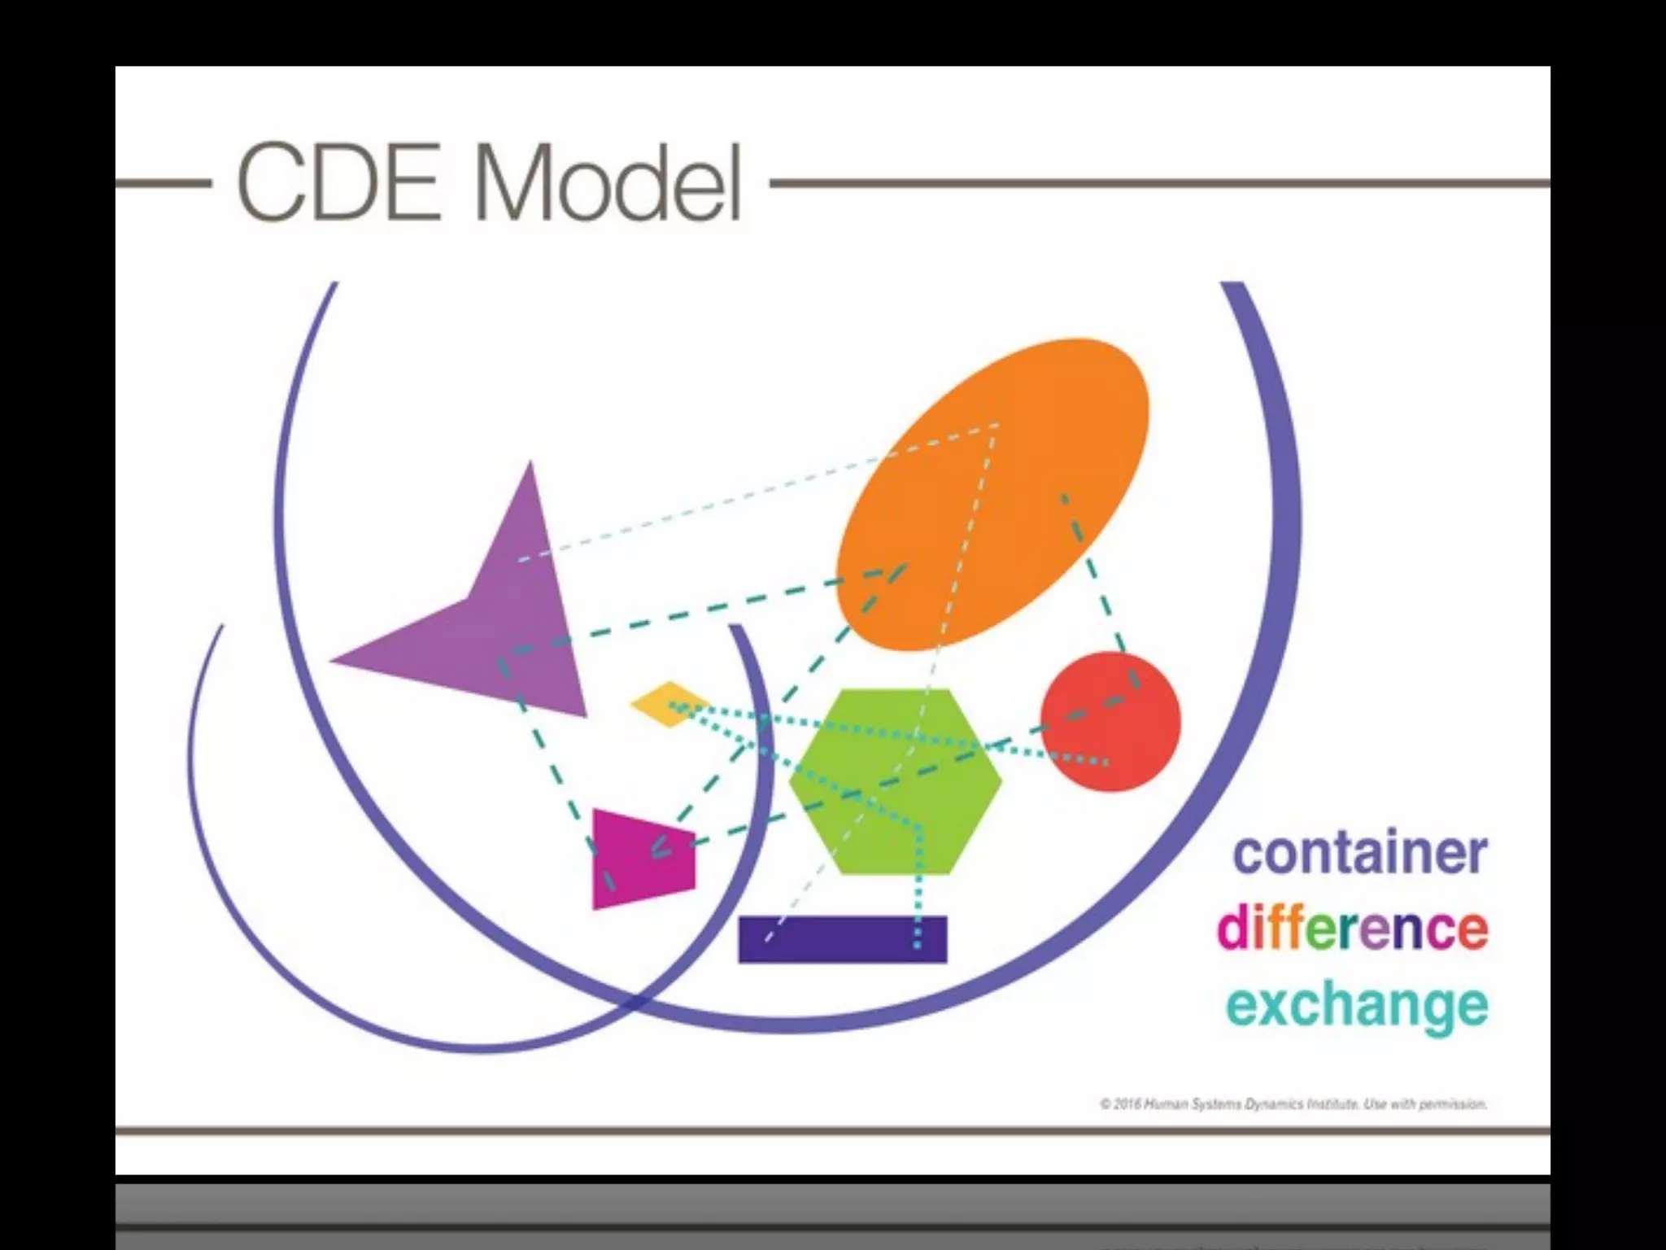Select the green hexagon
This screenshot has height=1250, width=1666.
[x=895, y=781]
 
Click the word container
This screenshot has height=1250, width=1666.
[x=1360, y=853]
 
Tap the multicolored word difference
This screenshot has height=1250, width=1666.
[x=1352, y=928]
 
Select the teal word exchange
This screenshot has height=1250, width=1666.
[x=1357, y=1006]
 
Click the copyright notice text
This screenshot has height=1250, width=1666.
[x=1293, y=1104]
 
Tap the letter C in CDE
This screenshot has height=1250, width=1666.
[x=273, y=182]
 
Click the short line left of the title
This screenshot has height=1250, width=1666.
[x=163, y=184]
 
